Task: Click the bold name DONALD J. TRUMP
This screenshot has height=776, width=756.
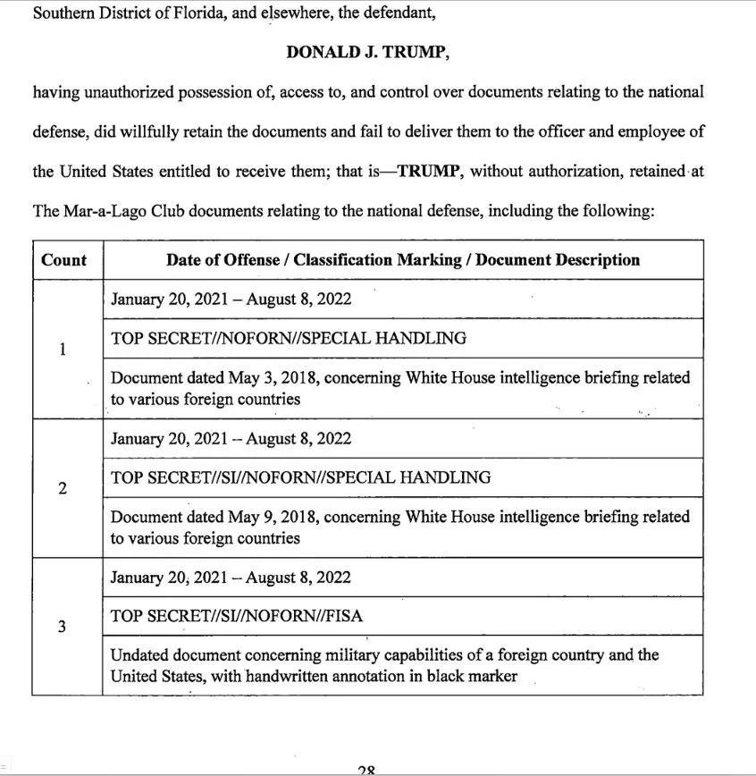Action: (367, 52)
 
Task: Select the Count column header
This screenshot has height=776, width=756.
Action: (64, 260)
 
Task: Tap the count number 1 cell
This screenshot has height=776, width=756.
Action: (62, 350)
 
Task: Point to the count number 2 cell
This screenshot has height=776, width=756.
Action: (62, 489)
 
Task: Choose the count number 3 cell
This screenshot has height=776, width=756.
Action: (62, 627)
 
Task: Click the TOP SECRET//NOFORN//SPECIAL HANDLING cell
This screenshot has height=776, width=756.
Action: (289, 338)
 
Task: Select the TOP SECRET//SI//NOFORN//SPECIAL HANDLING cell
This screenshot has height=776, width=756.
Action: (300, 477)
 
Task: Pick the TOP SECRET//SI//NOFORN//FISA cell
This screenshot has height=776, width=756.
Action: (237, 616)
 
